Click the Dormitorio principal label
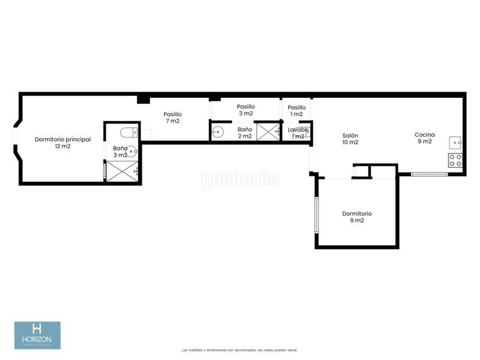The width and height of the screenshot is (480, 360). click(x=62, y=143)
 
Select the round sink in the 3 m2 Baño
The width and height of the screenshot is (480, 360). click(x=134, y=152)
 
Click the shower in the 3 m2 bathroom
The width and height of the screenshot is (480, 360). click(x=122, y=172)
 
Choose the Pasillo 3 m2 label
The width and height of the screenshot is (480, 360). click(x=246, y=110)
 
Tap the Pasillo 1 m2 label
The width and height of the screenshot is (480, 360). click(x=296, y=110)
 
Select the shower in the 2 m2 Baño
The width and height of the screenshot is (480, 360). click(x=268, y=131)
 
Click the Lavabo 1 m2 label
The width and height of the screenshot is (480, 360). click(x=297, y=133)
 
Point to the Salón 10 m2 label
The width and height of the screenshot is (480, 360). click(x=350, y=139)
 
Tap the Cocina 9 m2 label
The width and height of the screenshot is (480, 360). click(x=425, y=138)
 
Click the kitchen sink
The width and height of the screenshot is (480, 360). click(x=456, y=143)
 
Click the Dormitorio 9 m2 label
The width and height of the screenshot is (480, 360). click(x=357, y=217)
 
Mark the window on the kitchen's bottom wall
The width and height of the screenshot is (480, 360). click(x=429, y=175)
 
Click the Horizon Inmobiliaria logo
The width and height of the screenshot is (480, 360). click(x=37, y=335)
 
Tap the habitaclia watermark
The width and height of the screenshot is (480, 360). click(x=240, y=179)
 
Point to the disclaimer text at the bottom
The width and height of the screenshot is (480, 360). click(x=240, y=350)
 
